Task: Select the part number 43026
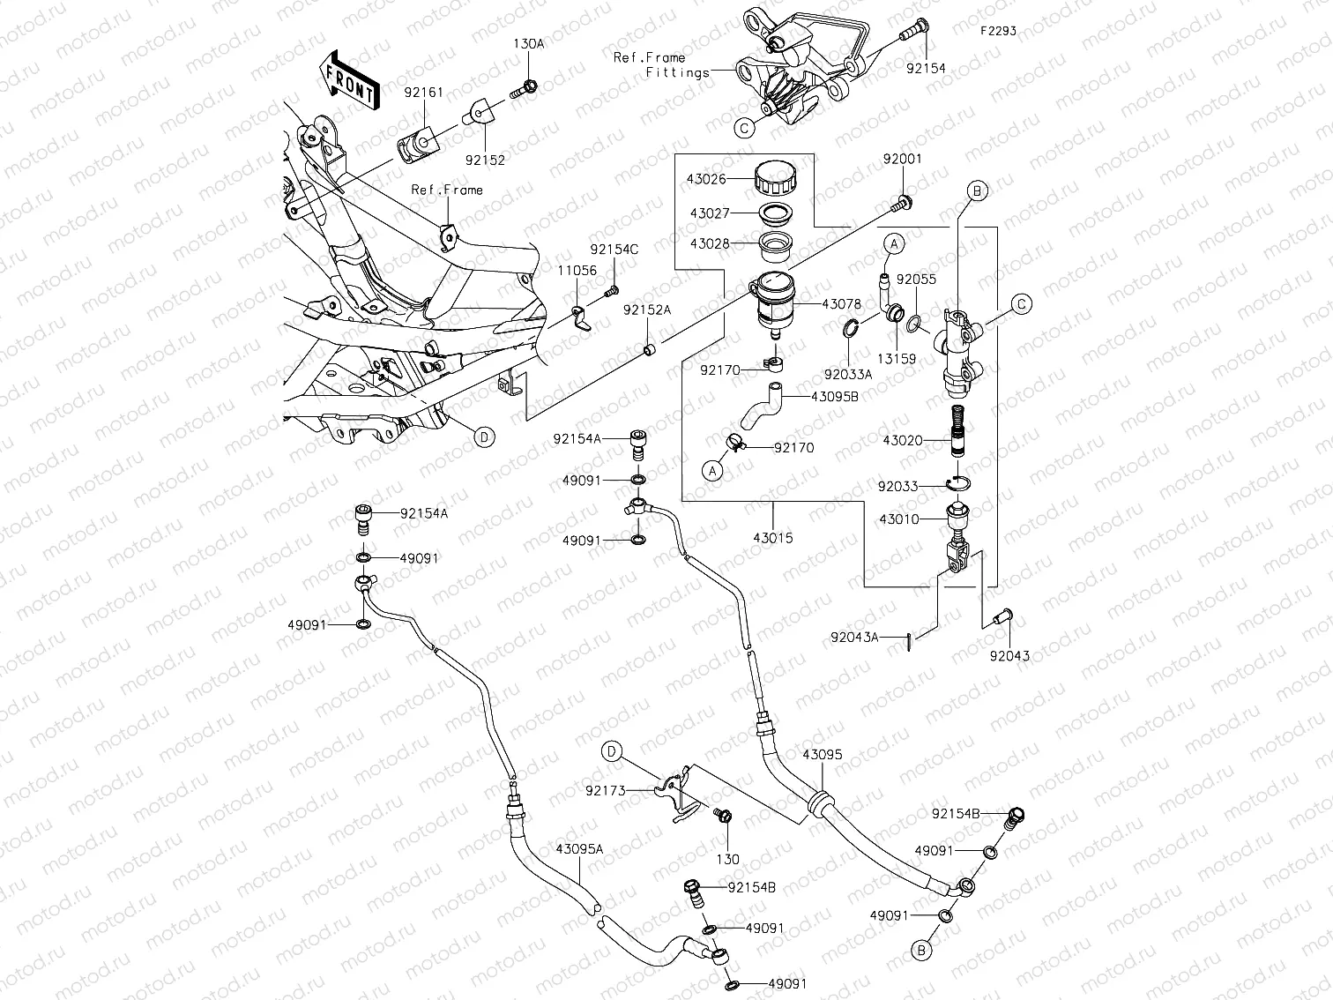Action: [x=706, y=179]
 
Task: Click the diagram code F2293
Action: [x=998, y=31]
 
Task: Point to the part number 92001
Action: [x=902, y=160]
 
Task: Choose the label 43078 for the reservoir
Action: [x=841, y=303]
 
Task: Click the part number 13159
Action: [x=896, y=359]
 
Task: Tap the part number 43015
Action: [x=772, y=537]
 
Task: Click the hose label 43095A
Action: [x=579, y=849]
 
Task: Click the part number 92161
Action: [x=423, y=92]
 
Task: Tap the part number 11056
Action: [x=577, y=271]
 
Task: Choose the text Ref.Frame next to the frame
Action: [x=447, y=190]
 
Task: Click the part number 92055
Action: [x=916, y=279]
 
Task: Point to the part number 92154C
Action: [x=614, y=250]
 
